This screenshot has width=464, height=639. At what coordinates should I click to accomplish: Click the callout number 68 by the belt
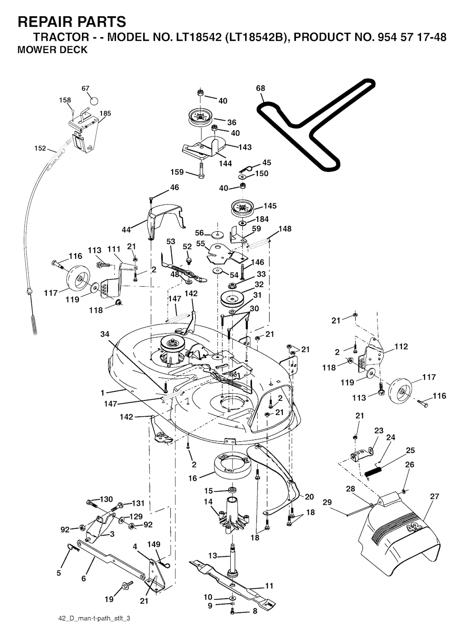(x=261, y=88)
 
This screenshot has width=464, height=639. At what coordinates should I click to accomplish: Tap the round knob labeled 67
(x=93, y=100)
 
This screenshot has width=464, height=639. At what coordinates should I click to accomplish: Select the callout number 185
(x=105, y=113)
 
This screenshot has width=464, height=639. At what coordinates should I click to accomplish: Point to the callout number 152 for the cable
(x=40, y=148)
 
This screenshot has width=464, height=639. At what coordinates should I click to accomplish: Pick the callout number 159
(x=177, y=172)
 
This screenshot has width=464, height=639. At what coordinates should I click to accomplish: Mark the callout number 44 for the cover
(x=126, y=230)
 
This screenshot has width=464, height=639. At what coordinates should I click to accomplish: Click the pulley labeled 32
(x=232, y=299)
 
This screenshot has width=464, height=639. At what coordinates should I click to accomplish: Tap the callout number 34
(x=105, y=334)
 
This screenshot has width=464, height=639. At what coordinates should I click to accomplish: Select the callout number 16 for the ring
(x=193, y=478)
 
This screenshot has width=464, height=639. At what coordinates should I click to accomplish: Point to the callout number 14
(x=208, y=502)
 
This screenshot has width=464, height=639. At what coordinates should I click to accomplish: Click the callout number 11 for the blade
(x=269, y=585)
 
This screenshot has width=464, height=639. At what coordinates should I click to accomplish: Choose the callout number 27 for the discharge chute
(x=435, y=497)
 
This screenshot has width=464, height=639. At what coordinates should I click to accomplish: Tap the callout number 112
(x=401, y=347)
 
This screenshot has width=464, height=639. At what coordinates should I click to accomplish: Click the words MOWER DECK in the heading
(x=52, y=50)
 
